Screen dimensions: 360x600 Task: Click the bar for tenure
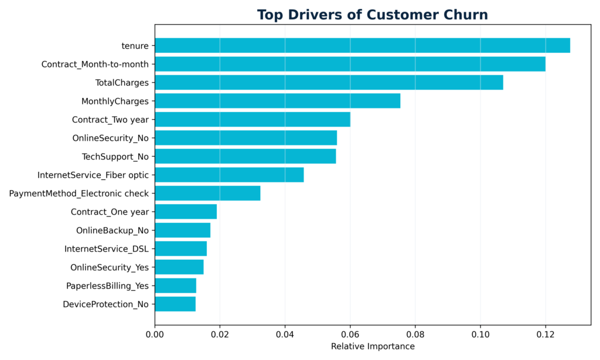pos(362,46)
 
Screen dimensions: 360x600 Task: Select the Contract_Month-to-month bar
pos(350,64)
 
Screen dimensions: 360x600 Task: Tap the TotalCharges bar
pos(329,83)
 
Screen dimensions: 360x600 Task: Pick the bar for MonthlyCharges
pos(277,101)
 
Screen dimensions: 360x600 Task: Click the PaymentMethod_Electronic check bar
pos(207,193)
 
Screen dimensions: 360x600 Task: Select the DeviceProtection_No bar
pos(175,304)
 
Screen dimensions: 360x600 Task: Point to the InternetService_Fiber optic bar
pos(229,175)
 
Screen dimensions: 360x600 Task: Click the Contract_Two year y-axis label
pos(110,120)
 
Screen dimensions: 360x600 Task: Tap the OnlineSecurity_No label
pos(110,138)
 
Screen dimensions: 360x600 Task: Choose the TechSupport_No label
pos(115,157)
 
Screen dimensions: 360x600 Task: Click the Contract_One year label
pos(110,212)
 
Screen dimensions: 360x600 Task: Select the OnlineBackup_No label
pos(112,230)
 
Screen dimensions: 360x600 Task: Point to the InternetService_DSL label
pos(107,249)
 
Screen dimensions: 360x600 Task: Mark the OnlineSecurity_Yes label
pos(110,267)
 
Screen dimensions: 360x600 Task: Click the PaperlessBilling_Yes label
pos(107,286)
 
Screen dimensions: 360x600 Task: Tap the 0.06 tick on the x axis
pos(350,334)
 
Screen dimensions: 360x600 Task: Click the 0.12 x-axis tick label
pos(545,334)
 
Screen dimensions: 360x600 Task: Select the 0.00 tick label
pos(155,334)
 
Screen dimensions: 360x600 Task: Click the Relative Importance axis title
pos(373,347)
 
